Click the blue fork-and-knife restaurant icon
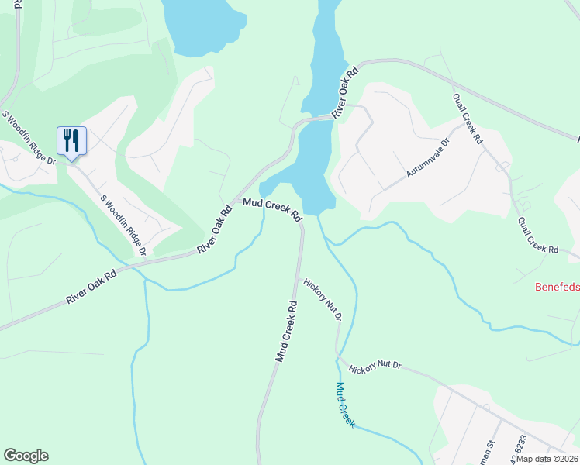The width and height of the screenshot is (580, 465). point(71,141)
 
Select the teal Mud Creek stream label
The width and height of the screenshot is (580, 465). point(345,405)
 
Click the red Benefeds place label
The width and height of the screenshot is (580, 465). point(558,287)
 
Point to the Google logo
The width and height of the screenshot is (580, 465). point(26,456)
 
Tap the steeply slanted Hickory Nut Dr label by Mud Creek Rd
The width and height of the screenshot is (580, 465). point(323,300)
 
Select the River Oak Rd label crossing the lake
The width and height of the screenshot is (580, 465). point(345,92)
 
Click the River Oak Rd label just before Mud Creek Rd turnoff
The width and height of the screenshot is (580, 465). point(216,229)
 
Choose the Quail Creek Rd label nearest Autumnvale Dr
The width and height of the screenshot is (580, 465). point(468,120)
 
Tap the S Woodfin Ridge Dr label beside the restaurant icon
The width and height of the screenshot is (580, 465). point(29,139)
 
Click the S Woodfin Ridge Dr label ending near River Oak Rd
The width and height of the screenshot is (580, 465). point(124,224)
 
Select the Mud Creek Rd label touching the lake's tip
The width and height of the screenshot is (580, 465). point(272,210)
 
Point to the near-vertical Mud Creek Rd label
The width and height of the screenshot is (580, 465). point(286,332)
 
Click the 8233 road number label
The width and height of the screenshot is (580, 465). point(520,445)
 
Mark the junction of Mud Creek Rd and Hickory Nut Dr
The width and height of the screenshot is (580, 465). point(302,277)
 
